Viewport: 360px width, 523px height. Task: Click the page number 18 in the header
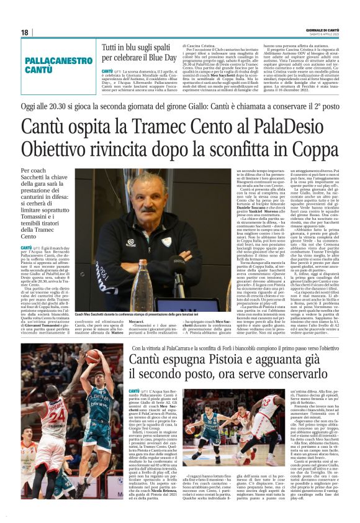tap(24, 32)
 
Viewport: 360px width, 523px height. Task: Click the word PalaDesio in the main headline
tap(294, 127)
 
